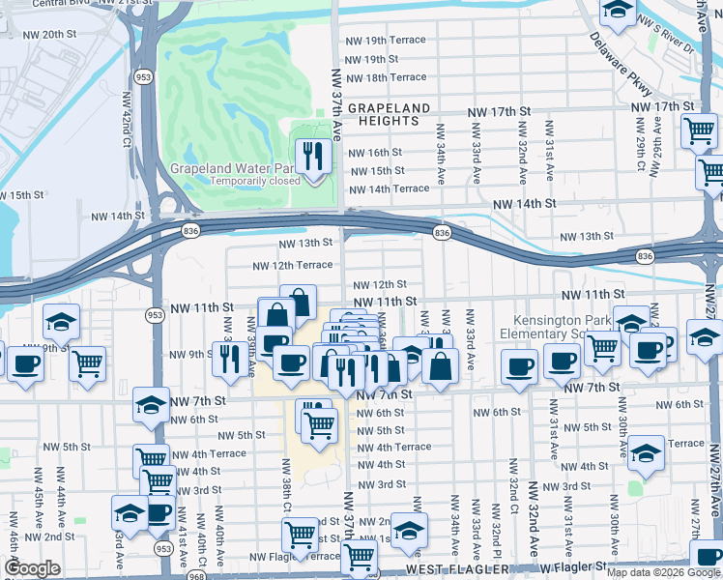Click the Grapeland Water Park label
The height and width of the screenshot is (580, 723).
(x=232, y=167)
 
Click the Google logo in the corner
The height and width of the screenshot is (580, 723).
(x=32, y=568)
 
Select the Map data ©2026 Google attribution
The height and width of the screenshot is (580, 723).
(x=663, y=572)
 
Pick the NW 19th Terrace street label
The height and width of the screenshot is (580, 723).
(x=386, y=41)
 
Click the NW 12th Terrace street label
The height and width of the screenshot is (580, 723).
(x=292, y=266)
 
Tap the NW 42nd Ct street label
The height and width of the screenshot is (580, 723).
(x=126, y=120)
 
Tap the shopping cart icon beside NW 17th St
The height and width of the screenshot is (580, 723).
(x=699, y=130)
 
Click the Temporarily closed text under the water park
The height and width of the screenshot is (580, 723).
(x=246, y=181)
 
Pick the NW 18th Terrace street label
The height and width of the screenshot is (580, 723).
(x=386, y=77)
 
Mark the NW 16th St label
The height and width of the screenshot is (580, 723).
(x=374, y=153)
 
